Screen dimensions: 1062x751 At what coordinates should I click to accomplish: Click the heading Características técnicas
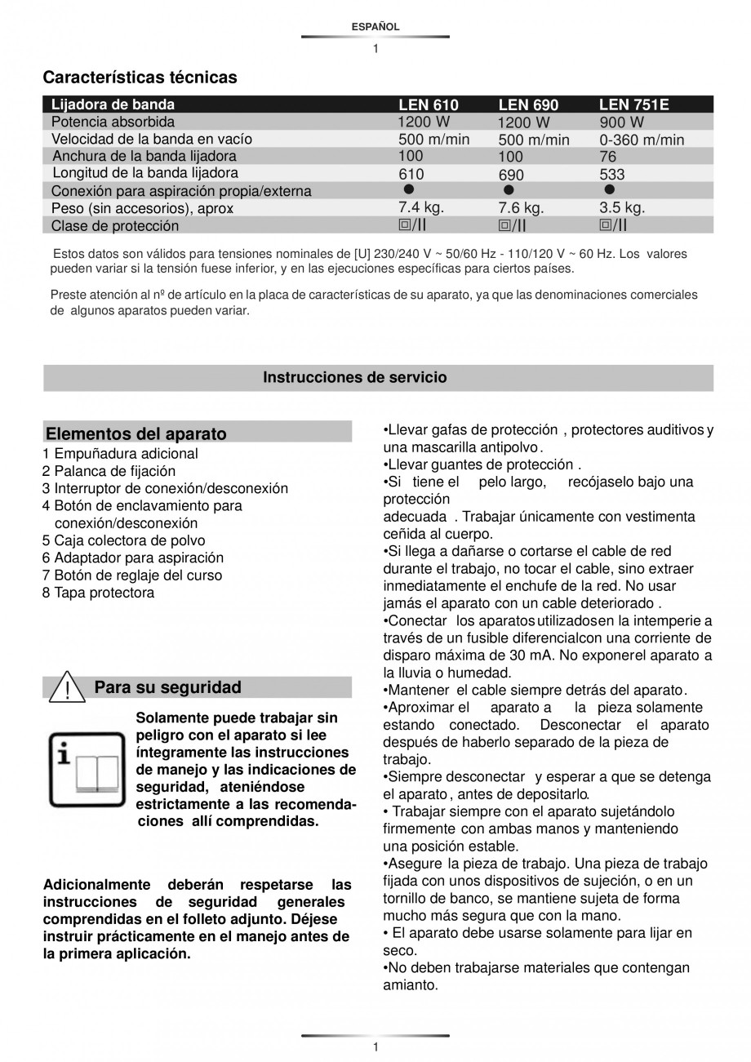pos(140,78)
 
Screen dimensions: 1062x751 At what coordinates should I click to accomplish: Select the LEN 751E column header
pos(633,104)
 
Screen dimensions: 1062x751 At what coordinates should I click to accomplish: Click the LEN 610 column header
pos(428,104)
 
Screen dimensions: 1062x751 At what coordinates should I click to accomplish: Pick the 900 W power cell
pos(621,122)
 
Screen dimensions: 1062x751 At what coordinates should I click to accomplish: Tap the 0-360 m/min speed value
pos(642,140)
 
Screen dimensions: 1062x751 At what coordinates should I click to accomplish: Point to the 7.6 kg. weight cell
pos(521,208)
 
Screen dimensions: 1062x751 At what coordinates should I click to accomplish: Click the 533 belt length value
pos(611,174)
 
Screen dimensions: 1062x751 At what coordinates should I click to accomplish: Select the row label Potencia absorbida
pos(113,122)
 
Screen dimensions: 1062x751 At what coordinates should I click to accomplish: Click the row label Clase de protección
pos(114,225)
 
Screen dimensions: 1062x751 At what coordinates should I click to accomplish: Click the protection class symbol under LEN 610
pos(413,224)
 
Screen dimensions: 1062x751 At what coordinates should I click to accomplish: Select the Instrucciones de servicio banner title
pos(354,377)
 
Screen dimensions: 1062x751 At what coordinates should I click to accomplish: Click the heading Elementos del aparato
pos(136,433)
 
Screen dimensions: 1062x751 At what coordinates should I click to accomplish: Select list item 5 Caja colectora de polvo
pos(123,540)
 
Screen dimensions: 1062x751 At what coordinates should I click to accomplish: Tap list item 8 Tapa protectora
pos(98,593)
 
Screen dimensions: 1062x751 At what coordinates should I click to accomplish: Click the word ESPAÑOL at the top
pos(375,27)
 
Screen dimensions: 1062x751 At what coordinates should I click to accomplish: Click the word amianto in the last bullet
pos(410,984)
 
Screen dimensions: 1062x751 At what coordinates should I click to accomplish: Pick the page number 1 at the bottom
pos(375,1047)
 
